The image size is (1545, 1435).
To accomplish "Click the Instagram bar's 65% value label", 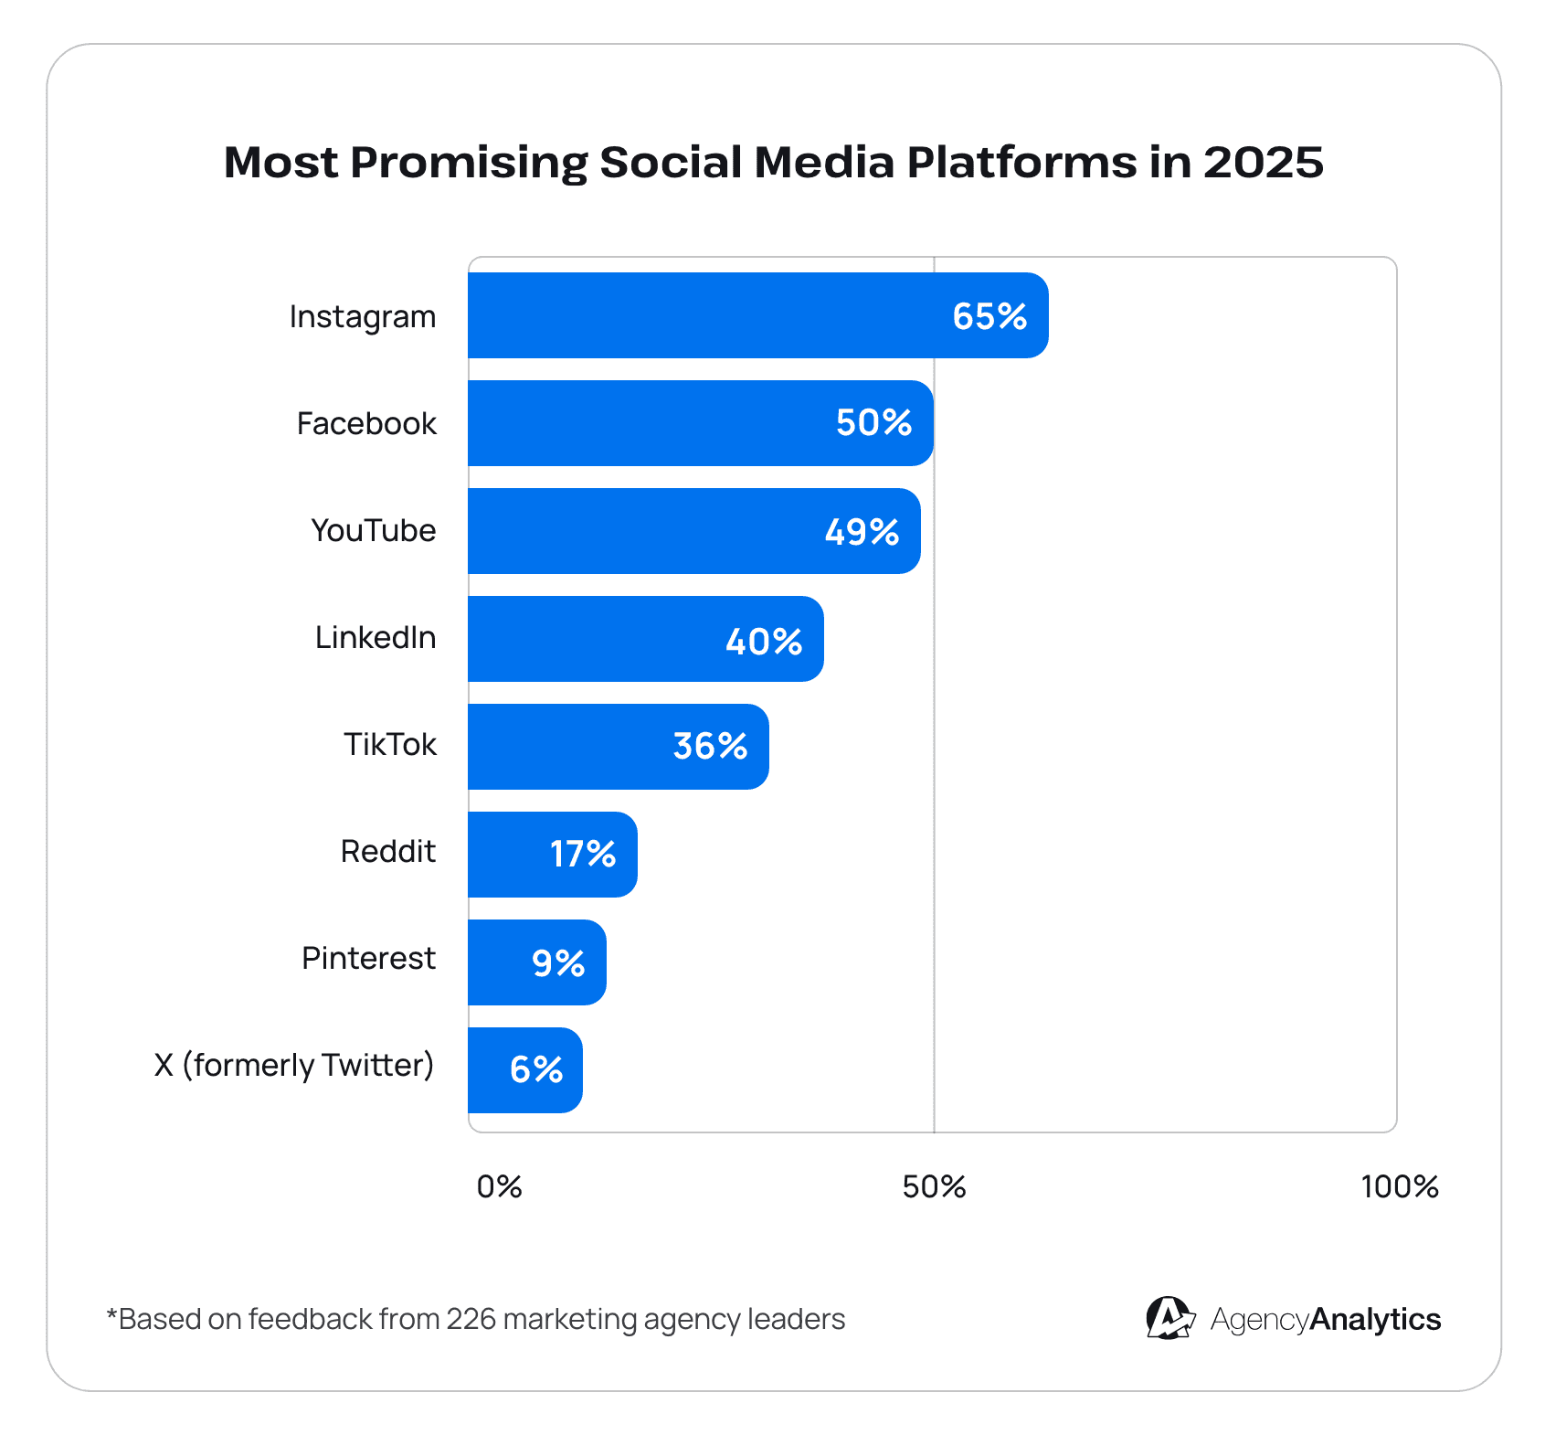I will pos(989,316).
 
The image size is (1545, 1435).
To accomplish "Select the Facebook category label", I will pos(366,424).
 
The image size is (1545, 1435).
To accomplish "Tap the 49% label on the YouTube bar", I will pos(862,532).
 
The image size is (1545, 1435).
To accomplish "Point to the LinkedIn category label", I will pos(376,638).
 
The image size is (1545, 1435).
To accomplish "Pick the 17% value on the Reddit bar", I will pos(582,855).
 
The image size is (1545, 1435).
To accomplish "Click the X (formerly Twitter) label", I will pos(294,1066).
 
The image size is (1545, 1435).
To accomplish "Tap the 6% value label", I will pos(536,1069).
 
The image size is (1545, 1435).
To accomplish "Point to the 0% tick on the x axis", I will pos(499,1187).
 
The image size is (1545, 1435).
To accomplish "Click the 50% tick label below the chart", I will pos(934,1187).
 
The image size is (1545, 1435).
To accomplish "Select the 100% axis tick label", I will pos(1399,1187).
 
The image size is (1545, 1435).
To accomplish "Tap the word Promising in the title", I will pos(469,163).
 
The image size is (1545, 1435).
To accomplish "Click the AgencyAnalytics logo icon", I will pos(1169,1318).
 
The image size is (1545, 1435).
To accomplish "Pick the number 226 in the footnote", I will pos(471,1320).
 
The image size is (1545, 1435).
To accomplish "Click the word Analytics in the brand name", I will pos(1375,1320).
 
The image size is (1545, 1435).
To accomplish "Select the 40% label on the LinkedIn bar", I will pos(764,642).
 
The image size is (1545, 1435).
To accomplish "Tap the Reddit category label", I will pos(387,852).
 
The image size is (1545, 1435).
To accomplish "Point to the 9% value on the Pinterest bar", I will pos(558,963).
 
